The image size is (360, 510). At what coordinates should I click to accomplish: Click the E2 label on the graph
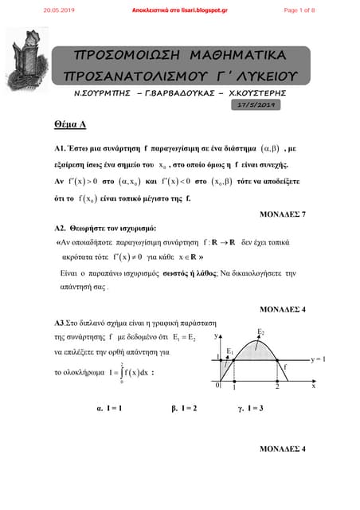point(261,331)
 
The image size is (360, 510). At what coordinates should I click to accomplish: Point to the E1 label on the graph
point(230,351)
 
